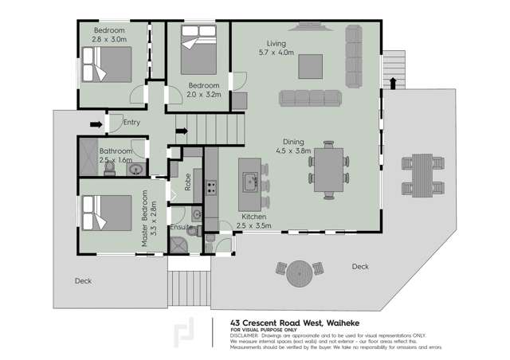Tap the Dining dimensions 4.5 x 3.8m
click(x=292, y=150)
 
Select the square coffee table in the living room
click(x=311, y=66)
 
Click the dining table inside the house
click(x=328, y=169)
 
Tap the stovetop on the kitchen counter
click(x=213, y=188)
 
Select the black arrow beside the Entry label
click(x=96, y=124)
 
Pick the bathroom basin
click(x=136, y=168)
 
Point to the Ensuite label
click(x=182, y=228)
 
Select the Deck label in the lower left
click(x=84, y=280)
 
